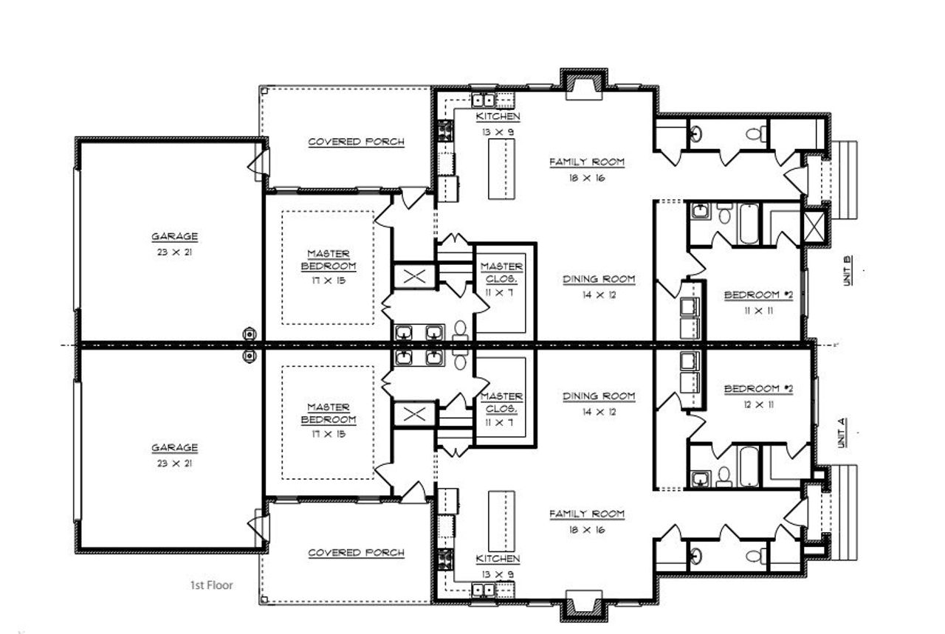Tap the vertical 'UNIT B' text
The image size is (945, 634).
point(848,270)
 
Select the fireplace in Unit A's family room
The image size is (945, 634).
point(583,602)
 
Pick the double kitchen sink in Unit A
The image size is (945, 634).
point(484,589)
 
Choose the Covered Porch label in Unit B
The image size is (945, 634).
point(356,142)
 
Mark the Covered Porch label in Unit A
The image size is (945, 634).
point(356,552)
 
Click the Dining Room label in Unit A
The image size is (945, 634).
point(599,403)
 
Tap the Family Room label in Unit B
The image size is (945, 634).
point(587,168)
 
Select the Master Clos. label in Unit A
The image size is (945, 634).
point(502,408)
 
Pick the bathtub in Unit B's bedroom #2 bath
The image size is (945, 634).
point(748,223)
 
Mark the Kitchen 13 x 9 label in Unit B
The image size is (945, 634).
point(498,123)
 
